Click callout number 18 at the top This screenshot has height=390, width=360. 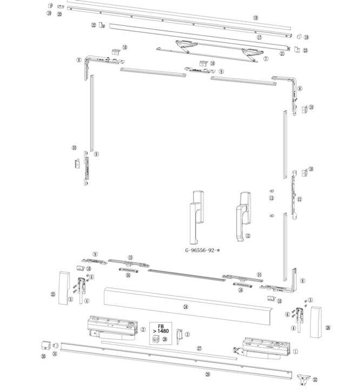coord(256,18)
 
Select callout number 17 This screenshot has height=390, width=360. coord(259,38)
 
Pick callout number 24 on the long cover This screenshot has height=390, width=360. coord(185,306)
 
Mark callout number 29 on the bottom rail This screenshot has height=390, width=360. coord(208,374)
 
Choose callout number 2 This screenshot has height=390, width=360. coord(143,328)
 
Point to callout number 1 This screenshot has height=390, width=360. coord(296,350)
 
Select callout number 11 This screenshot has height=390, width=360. coord(299,199)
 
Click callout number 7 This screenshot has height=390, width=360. coord(265,58)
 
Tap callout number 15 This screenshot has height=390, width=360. coord(130,258)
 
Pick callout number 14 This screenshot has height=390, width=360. coord(259,275)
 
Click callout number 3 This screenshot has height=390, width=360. coord(187,335)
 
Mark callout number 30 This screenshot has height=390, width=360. coord(43,357)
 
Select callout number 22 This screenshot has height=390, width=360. coord(93,25)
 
